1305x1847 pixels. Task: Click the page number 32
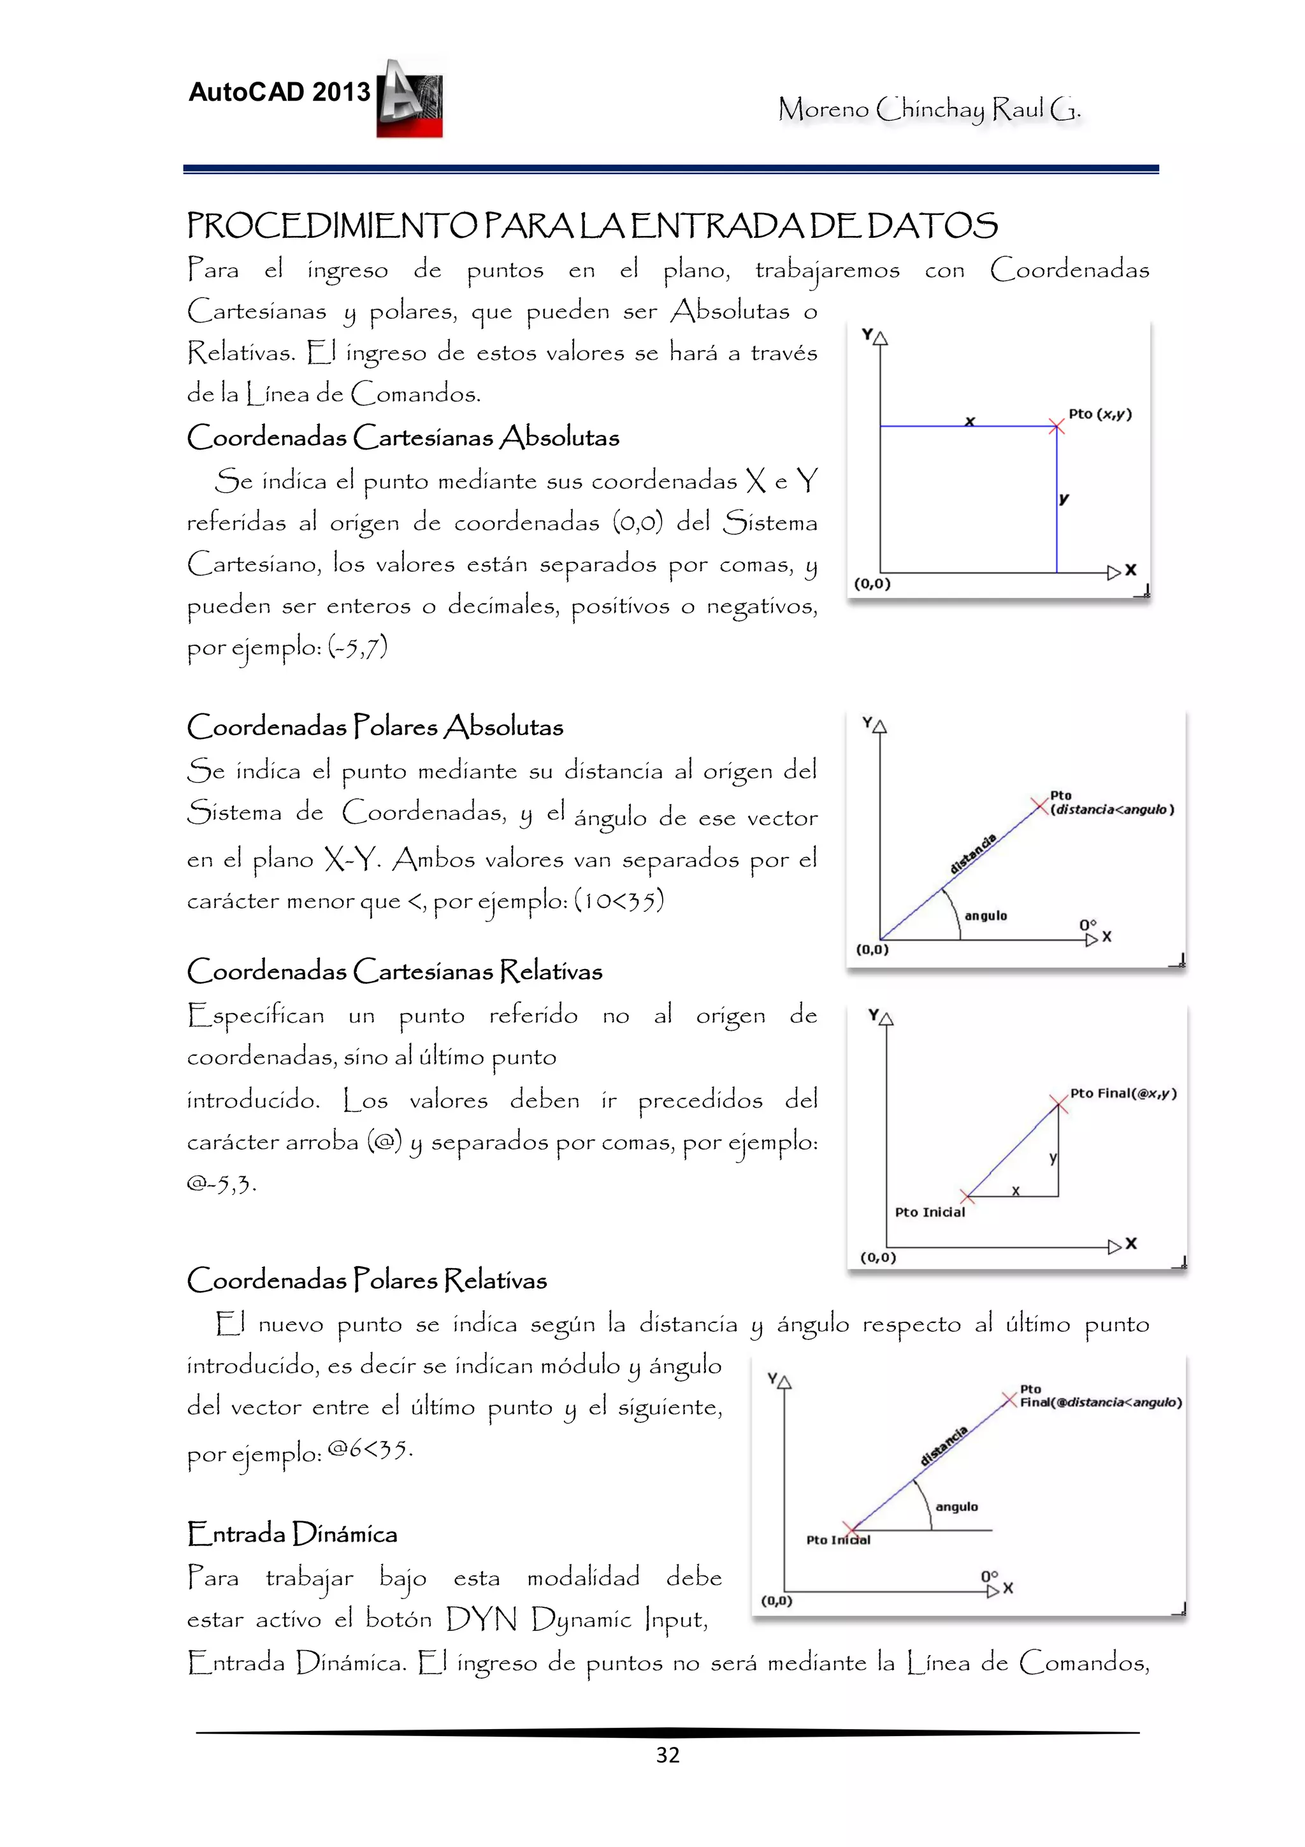tap(667, 1755)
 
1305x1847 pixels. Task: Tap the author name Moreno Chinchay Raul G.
tap(928, 108)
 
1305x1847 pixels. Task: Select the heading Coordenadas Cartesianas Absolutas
tap(403, 437)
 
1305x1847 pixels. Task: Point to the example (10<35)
tap(619, 900)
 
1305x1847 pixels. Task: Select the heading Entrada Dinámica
tap(292, 1533)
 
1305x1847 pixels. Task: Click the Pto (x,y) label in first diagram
tap(1099, 414)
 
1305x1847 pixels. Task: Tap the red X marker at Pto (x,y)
tap(1056, 427)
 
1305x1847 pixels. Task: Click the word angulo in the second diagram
tap(985, 916)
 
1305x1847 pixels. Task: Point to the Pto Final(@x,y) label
tap(1123, 1093)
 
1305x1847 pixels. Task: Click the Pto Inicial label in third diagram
tap(930, 1211)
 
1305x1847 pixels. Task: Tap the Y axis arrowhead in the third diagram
tap(886, 1019)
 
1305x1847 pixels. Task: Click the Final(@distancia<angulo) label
tap(1100, 1402)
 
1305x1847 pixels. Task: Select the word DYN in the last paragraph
tap(481, 1619)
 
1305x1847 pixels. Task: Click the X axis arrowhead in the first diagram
tap(1114, 572)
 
